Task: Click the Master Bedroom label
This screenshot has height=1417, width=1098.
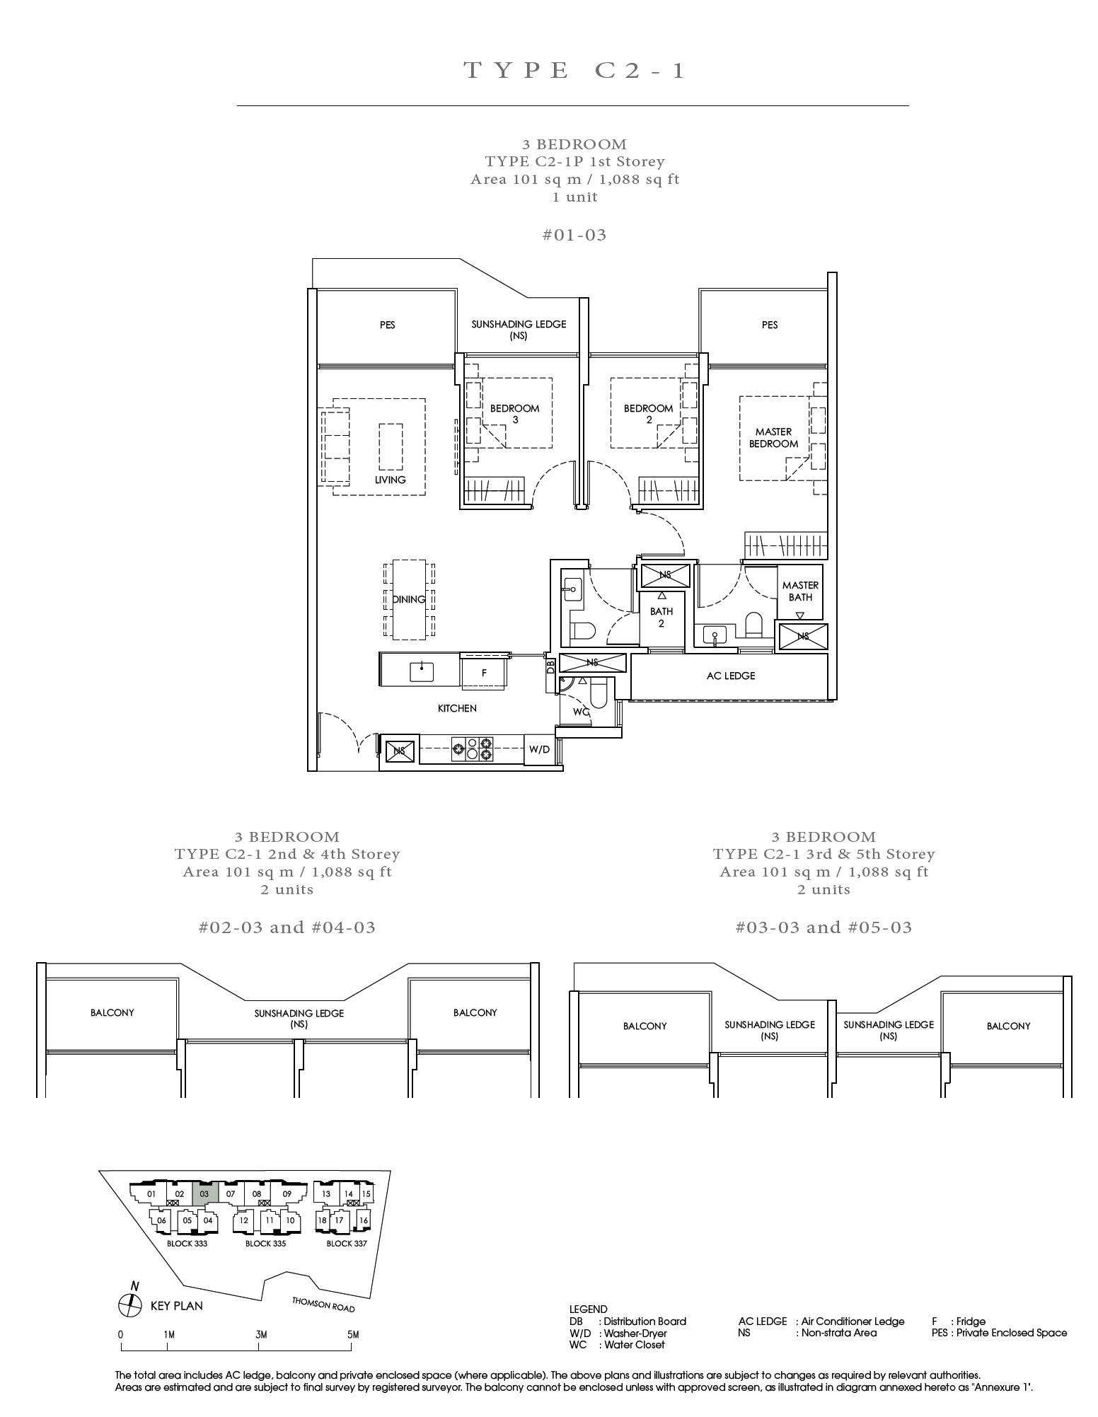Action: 773,438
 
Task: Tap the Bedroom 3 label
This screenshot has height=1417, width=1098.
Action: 514,414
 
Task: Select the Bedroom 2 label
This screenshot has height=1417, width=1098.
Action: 648,414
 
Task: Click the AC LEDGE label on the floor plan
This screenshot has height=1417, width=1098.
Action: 731,676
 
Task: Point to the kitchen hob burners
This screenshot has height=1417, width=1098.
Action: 473,749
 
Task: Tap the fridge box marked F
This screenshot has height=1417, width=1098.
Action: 484,672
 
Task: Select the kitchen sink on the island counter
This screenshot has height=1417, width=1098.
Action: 422,671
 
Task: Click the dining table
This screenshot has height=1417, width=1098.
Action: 409,599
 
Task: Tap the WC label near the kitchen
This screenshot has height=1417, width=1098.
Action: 581,712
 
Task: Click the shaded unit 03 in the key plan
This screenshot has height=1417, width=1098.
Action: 204,1193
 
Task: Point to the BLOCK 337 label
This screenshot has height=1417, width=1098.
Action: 347,1243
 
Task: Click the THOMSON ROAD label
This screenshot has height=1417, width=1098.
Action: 323,1305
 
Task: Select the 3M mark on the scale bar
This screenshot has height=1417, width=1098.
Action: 261,1335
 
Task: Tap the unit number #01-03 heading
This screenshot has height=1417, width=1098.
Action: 574,235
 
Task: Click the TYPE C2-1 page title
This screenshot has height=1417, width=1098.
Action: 574,70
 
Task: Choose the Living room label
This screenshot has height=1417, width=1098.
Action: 390,480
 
